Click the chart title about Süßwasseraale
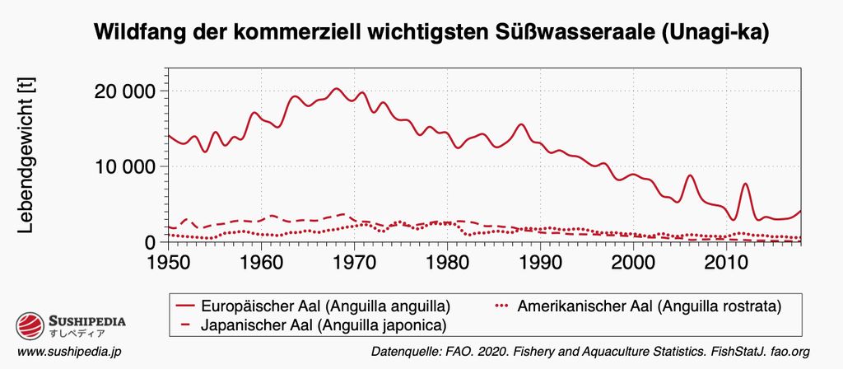pyautogui.click(x=432, y=34)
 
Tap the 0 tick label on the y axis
pyautogui.click(x=149, y=242)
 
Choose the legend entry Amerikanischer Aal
pyautogui.click(x=650, y=306)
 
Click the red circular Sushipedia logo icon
pyautogui.click(x=31, y=325)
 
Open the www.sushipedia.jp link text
pyautogui.click(x=69, y=352)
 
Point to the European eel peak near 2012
pyautogui.click(x=745, y=184)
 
